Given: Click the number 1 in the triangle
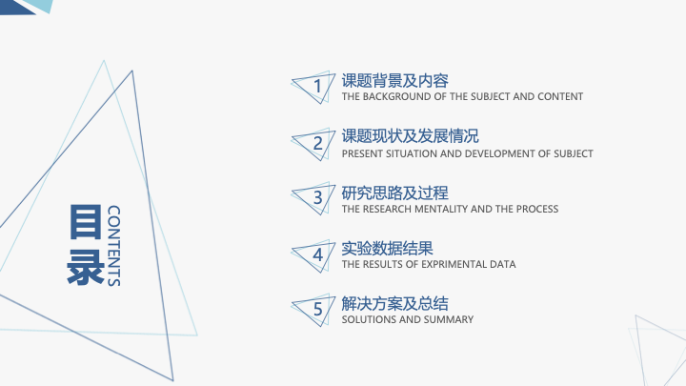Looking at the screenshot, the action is (318, 86).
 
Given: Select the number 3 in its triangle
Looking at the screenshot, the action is (318, 197).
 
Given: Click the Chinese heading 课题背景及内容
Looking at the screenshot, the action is (395, 80).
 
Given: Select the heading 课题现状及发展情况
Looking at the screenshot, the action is (411, 136).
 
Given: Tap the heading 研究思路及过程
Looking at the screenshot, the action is (395, 193).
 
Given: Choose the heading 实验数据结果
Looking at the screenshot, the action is (387, 249).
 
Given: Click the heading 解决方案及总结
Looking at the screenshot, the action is (395, 304).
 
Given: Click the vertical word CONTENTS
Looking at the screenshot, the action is (113, 246).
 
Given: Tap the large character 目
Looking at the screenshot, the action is (86, 221).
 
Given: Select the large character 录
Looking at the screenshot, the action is (86, 267).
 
